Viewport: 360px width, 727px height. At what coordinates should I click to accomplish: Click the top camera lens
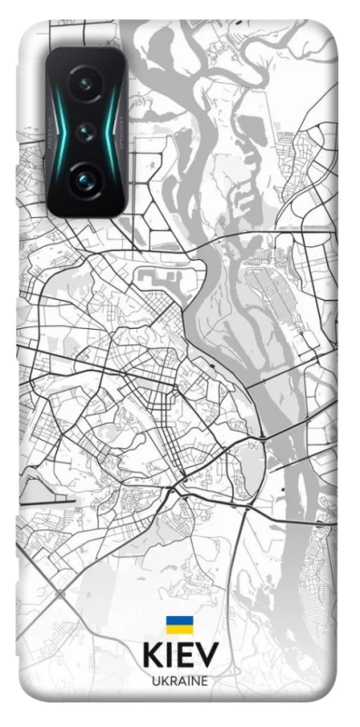85,85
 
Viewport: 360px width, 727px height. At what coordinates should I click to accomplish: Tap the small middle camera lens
86,131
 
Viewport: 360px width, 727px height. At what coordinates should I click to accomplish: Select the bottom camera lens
85,178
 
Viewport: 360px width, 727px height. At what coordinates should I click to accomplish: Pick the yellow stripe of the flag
179,629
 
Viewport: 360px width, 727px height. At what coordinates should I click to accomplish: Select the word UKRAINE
179,682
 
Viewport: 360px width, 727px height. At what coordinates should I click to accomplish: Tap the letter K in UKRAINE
164,682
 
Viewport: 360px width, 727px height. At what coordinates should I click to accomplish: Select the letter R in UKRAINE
172,682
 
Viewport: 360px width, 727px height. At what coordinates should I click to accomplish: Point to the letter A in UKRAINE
181,682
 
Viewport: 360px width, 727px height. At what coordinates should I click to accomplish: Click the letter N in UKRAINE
195,682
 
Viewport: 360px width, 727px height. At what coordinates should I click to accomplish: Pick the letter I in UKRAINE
187,682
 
